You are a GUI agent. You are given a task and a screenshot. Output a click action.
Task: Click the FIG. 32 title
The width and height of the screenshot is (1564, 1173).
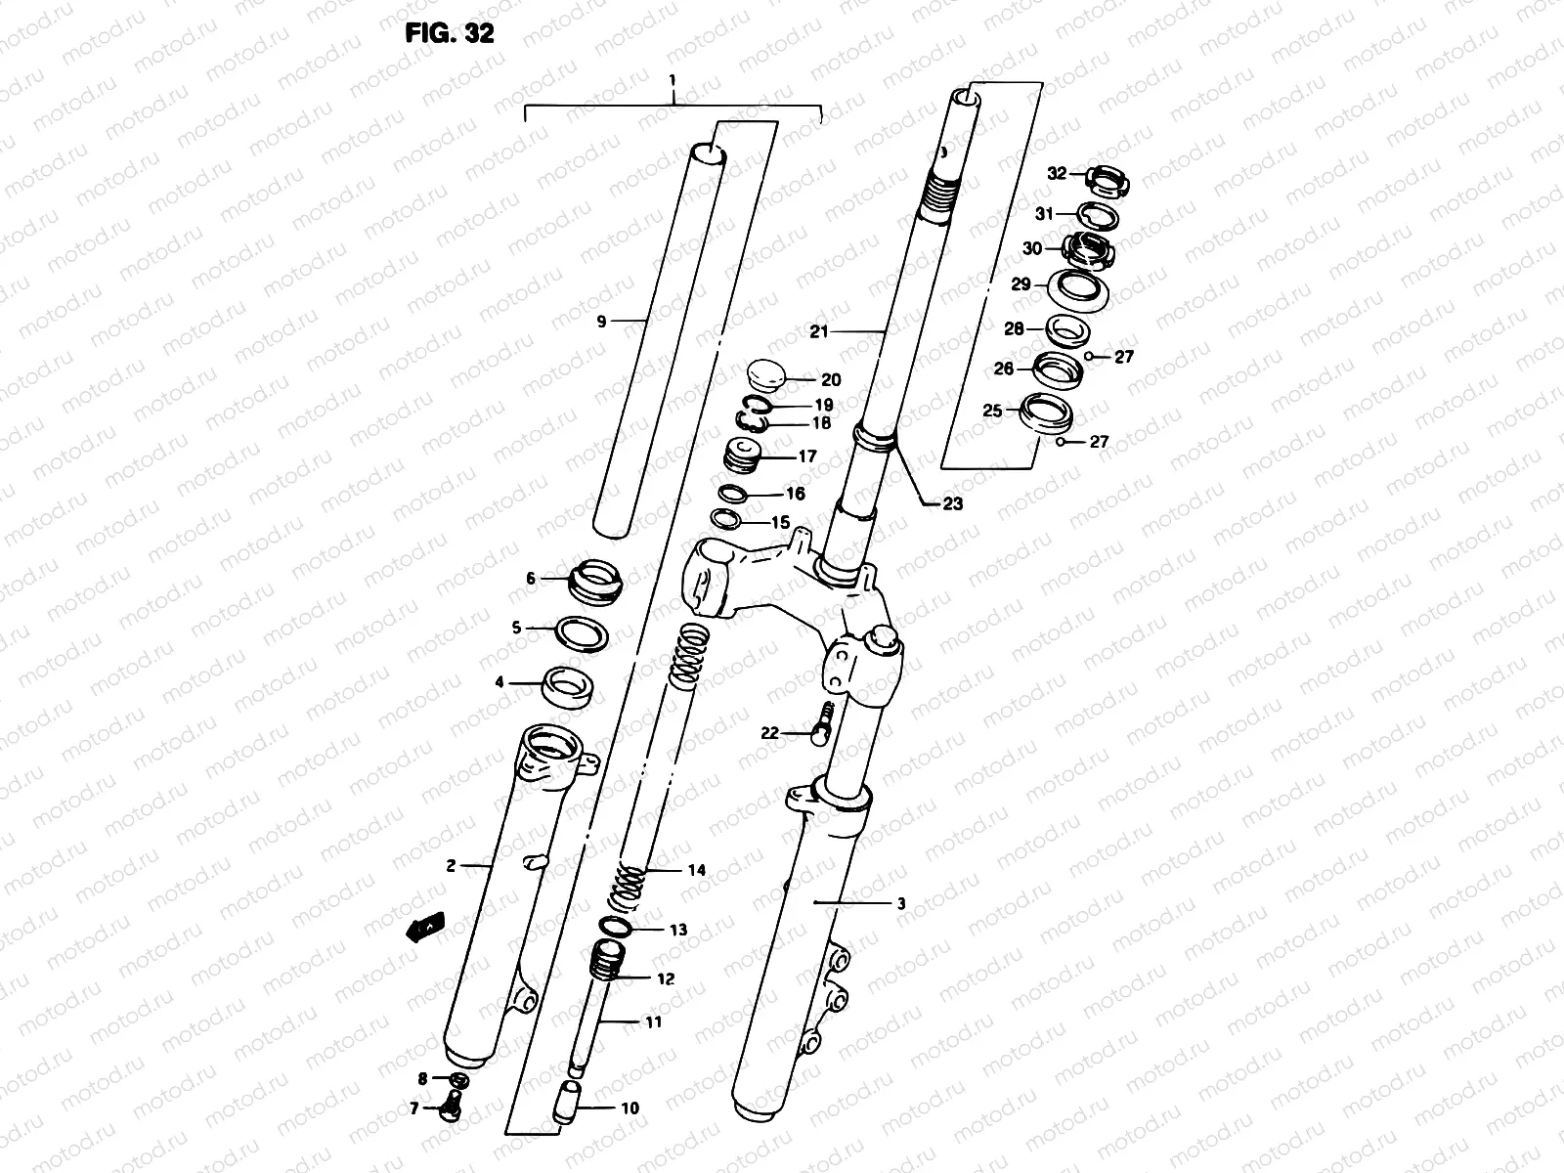[x=449, y=32]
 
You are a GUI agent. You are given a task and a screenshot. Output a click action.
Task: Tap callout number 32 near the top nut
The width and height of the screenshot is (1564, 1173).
[x=1057, y=174]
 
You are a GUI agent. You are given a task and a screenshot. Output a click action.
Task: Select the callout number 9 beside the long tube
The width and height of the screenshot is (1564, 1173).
[x=602, y=321]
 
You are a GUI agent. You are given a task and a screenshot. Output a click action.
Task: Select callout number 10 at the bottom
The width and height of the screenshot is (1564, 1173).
[x=630, y=1108]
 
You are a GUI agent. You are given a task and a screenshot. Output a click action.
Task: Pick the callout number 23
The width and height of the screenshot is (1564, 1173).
[x=952, y=503]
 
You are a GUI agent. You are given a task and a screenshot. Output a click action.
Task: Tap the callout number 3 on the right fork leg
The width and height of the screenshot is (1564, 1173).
[x=900, y=904]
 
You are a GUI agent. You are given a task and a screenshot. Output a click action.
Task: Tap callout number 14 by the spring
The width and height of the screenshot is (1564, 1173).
[x=696, y=870]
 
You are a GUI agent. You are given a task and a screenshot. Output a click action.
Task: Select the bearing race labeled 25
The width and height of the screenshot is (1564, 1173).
[x=1044, y=412]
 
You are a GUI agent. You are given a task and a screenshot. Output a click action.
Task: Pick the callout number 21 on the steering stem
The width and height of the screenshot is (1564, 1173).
[x=818, y=332]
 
